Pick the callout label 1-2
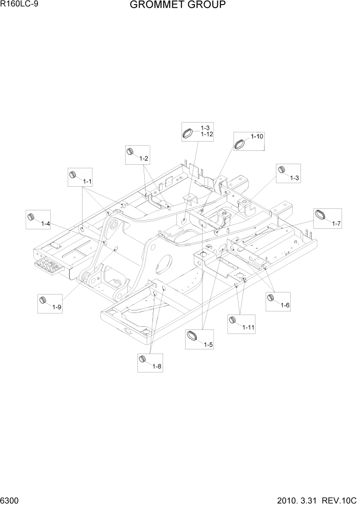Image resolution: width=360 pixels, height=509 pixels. tap(144, 159)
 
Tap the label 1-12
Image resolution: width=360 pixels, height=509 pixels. tap(207, 134)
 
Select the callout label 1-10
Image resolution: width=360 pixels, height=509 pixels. tap(257, 136)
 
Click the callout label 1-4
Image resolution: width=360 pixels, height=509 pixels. tap(45, 224)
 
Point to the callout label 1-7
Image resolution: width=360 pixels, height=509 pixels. tap(336, 223)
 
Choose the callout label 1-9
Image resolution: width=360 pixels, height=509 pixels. tap(56, 307)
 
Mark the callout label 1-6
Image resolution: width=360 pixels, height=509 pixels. tap(285, 305)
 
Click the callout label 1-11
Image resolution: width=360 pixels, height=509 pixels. tap(248, 327)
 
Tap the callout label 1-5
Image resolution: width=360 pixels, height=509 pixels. tap(208, 345)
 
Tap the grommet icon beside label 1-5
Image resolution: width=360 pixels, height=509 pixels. tap(193, 337)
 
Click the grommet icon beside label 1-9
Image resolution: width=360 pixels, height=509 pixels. tap(44, 300)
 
